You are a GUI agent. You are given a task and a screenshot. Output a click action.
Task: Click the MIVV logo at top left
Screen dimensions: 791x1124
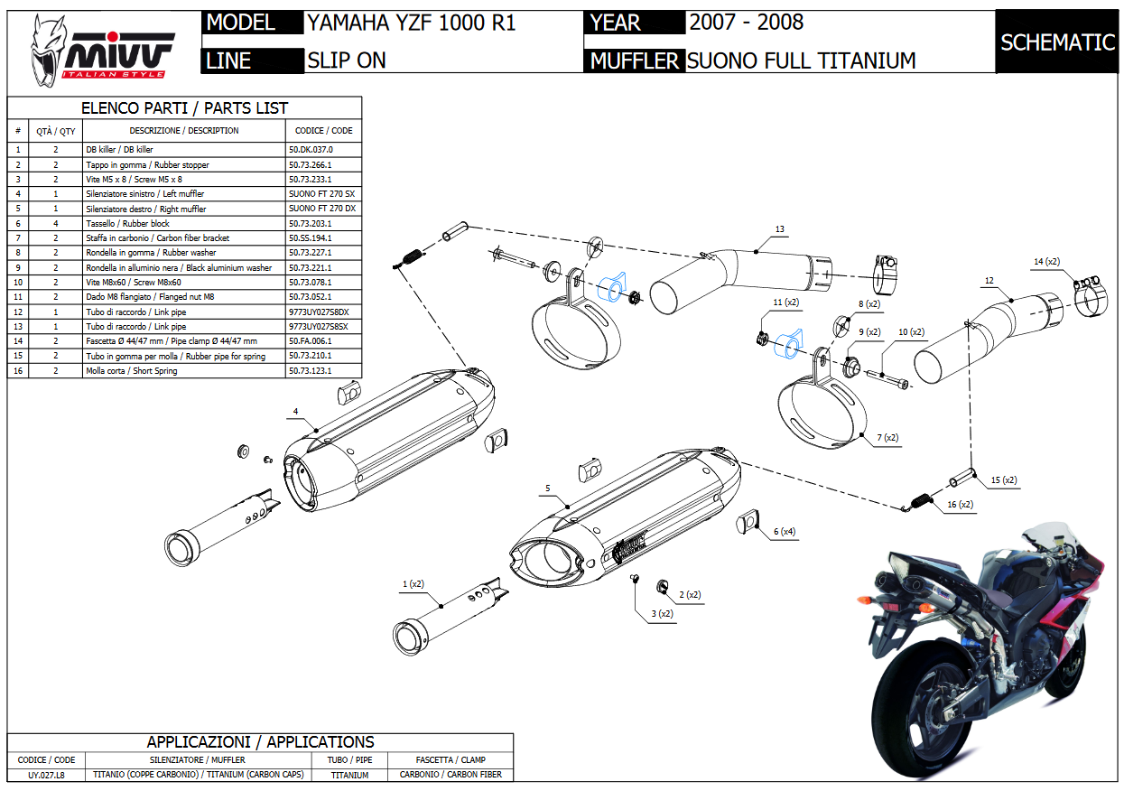tap(103, 51)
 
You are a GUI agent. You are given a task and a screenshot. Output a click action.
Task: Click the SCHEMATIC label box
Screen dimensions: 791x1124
tap(1057, 42)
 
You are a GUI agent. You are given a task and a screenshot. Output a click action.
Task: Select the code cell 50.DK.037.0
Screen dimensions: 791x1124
tap(311, 150)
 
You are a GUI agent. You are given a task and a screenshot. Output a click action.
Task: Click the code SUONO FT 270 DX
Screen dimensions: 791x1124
tap(322, 209)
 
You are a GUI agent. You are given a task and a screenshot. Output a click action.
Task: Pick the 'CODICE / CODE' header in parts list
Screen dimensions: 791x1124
tap(323, 131)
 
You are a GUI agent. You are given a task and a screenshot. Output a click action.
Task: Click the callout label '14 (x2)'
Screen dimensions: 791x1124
tap(1046, 262)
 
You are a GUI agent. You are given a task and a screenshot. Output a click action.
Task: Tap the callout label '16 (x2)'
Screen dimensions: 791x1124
tap(961, 505)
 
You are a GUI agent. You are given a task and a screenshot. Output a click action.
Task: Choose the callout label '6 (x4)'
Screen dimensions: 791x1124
tap(784, 531)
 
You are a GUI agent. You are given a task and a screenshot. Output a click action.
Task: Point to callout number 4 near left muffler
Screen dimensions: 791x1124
tap(295, 412)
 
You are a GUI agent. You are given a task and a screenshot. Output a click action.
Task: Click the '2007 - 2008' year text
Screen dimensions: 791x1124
tap(746, 22)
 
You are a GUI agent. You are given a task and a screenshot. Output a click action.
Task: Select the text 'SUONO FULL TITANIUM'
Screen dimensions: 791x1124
tap(801, 60)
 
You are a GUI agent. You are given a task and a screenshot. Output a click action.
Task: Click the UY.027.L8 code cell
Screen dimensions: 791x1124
tap(46, 775)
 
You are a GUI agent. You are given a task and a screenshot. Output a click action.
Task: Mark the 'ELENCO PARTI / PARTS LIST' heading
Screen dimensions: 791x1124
tap(184, 108)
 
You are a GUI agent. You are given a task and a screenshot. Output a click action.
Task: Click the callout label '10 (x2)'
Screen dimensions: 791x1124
tap(912, 332)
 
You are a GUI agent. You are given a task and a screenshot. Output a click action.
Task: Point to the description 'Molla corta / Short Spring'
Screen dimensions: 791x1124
tap(131, 371)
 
